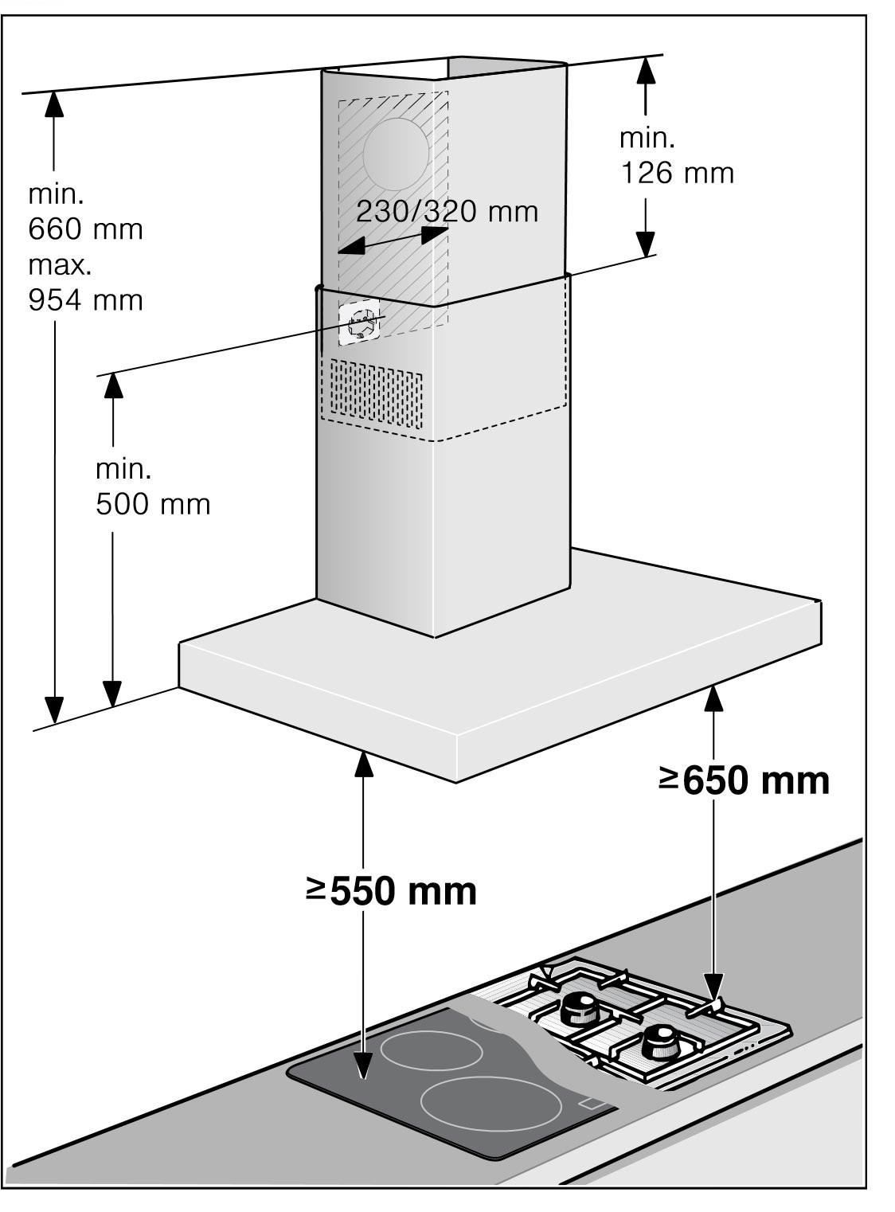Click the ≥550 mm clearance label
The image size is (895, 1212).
point(392,891)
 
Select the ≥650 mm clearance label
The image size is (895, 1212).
point(744,780)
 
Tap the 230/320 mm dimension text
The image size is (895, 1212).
point(447,212)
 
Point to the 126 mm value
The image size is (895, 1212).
point(677,173)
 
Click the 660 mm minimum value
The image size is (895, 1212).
point(86,229)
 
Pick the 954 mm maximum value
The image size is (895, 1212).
point(86,300)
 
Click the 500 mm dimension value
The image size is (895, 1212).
point(153,504)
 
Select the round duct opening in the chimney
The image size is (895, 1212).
point(396,154)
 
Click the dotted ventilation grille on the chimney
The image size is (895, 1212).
point(376,393)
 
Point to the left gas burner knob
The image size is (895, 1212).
point(579,1010)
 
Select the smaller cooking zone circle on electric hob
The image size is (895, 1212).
point(431,1050)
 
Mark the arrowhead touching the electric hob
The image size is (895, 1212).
point(364,1065)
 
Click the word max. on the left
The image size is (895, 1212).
point(60,264)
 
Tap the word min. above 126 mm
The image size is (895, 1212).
point(647,138)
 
